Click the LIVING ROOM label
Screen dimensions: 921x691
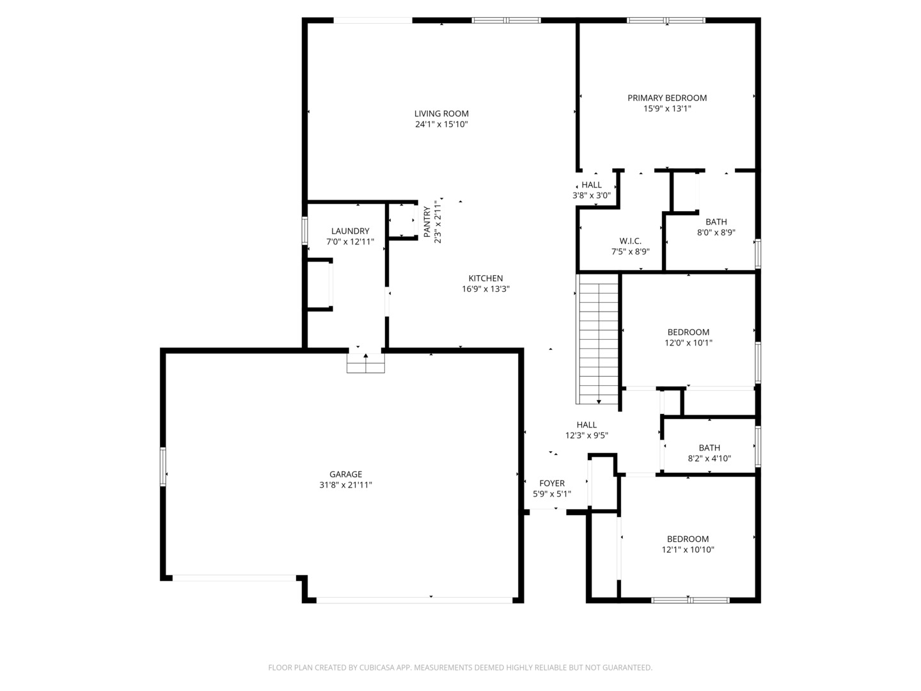[x=441, y=114]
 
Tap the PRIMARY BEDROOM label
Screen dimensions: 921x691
[x=666, y=98]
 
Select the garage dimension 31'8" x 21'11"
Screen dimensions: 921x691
[x=345, y=485]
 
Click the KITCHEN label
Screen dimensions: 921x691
[x=485, y=278]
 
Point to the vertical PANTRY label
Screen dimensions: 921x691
[x=427, y=222]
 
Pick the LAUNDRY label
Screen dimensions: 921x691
[x=350, y=231]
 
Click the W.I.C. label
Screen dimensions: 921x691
[x=630, y=241]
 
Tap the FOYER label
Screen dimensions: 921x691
[x=552, y=483]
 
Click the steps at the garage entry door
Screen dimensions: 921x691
[x=365, y=363]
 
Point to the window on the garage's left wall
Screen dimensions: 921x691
[x=163, y=467]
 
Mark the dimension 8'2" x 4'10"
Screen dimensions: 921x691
[x=709, y=459]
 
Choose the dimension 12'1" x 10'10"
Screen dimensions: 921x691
[x=688, y=550]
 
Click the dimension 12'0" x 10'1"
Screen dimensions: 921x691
[x=688, y=343]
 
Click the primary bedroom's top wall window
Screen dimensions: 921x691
[x=666, y=20]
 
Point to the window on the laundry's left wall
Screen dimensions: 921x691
[x=304, y=231]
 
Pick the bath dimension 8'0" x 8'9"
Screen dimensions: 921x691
[x=716, y=232]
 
